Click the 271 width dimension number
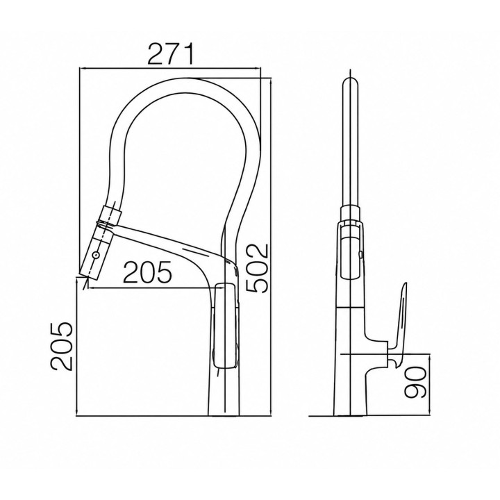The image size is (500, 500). click(x=170, y=55)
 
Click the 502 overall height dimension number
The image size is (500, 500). click(x=258, y=268)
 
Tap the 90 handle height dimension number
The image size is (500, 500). click(x=415, y=383)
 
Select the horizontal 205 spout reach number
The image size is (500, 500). click(x=147, y=272)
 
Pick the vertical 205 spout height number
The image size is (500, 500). click(x=62, y=347)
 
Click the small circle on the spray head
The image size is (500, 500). click(x=96, y=255)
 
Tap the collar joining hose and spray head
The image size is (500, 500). click(x=110, y=215)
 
